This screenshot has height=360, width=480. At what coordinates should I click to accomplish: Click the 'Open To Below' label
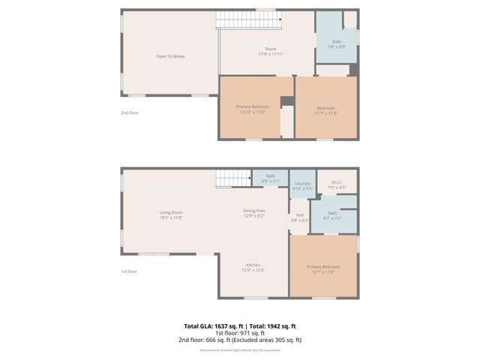click(170, 56)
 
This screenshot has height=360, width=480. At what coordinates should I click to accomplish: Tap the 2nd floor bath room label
click(337, 44)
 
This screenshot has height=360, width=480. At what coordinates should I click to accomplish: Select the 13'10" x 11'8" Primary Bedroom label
click(252, 109)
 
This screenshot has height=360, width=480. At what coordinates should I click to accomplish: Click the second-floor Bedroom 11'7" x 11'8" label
click(325, 109)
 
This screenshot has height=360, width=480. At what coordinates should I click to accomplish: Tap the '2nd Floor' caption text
click(130, 112)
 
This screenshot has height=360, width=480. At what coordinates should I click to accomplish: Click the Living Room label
click(171, 214)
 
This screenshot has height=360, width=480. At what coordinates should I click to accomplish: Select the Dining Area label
click(253, 213)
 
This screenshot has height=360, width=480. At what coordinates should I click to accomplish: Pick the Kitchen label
click(253, 268)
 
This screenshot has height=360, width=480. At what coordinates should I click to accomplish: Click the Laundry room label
click(302, 186)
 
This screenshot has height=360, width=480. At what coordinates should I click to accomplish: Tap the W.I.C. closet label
click(337, 185)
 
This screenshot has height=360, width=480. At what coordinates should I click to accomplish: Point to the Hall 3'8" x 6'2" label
click(299, 217)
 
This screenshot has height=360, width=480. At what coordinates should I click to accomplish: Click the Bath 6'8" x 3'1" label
click(270, 178)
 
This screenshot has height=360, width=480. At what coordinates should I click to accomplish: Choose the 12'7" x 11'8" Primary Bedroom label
click(323, 269)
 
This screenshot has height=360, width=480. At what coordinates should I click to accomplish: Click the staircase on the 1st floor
click(232, 178)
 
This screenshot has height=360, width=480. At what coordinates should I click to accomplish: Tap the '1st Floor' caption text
click(130, 271)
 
